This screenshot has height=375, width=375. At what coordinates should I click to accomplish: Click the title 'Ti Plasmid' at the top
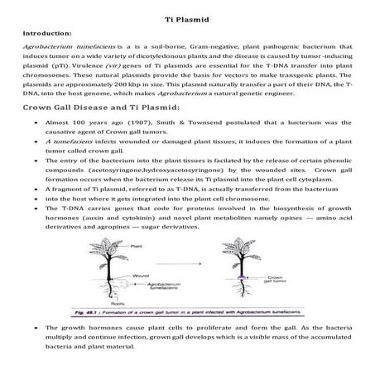tap(187, 19)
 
